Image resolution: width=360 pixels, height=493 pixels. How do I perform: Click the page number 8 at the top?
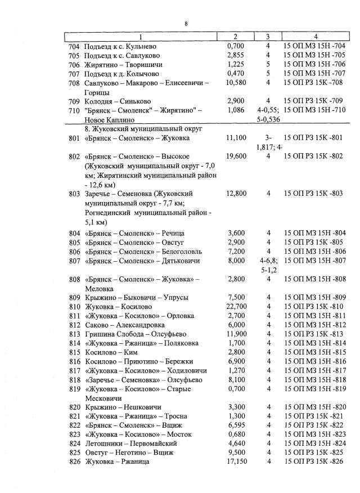pyautogui.click(x=185, y=23)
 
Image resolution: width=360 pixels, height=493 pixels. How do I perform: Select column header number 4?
pyautogui.click(x=316, y=37)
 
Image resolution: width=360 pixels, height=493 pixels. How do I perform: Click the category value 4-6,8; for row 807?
pyautogui.click(x=268, y=261)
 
